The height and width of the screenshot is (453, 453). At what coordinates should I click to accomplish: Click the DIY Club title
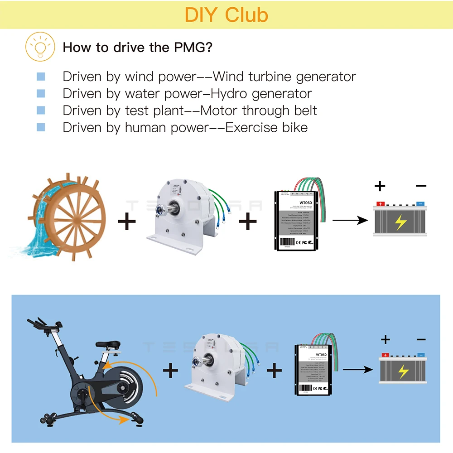coord(226,14)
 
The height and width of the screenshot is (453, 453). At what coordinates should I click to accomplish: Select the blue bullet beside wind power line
coord(41,77)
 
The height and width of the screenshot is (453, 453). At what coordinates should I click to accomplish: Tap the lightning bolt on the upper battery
coord(400,222)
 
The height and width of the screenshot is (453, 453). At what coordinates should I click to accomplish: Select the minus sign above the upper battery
coord(421,185)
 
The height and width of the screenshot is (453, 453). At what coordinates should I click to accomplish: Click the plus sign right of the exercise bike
coord(170,371)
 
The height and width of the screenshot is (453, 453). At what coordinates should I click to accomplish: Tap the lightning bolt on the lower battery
coord(403,372)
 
